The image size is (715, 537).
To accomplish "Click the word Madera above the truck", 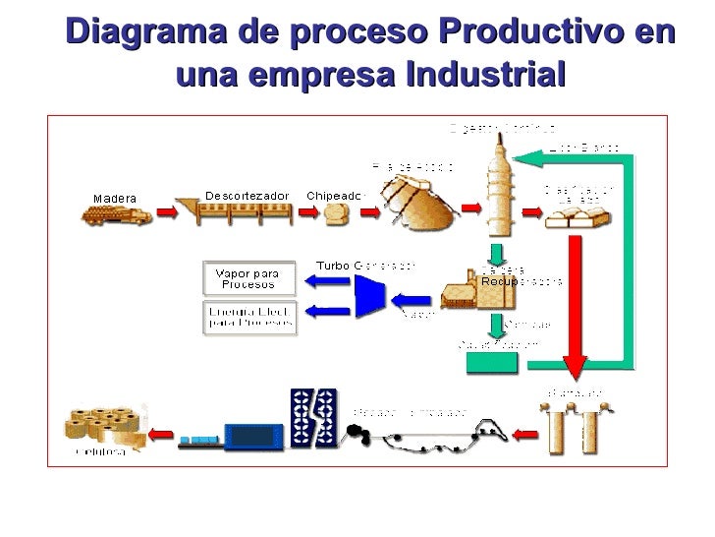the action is coord(115,198).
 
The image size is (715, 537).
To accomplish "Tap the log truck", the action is coord(116,213).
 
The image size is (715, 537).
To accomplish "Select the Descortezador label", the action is coord(247,195).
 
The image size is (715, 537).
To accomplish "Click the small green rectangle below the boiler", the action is coord(491,361).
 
